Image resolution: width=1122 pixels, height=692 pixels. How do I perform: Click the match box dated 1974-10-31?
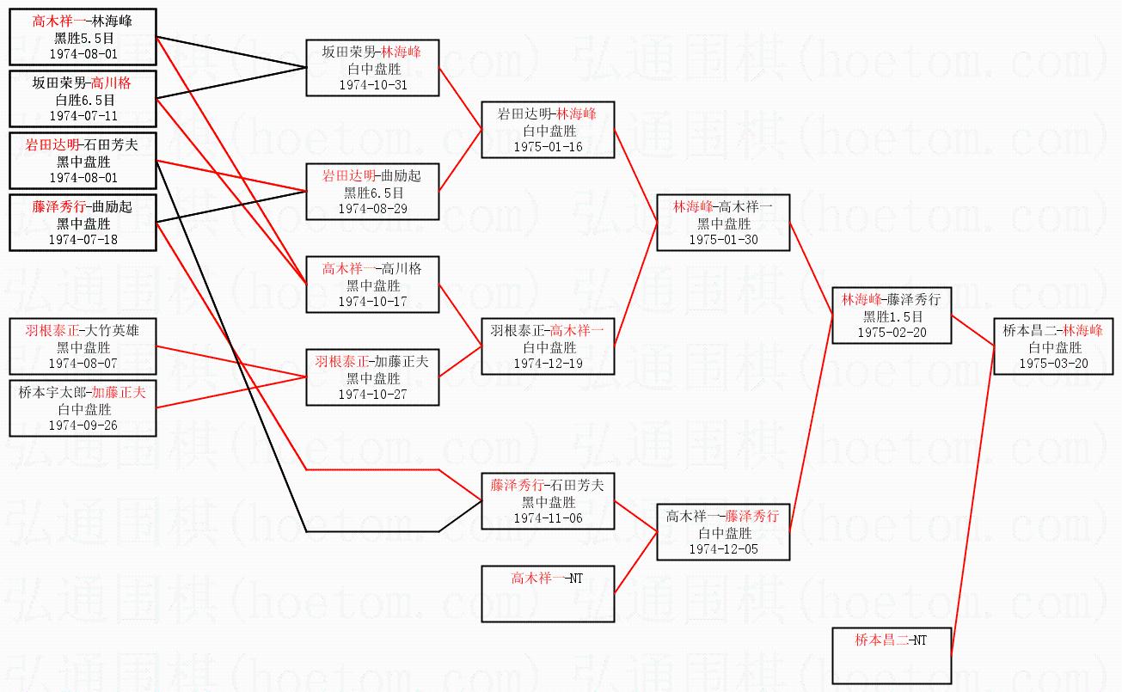[372, 68]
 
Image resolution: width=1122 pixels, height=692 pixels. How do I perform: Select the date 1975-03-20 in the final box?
[1053, 363]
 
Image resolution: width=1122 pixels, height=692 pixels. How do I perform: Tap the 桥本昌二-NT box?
[891, 654]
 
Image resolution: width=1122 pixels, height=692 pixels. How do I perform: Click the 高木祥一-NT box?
[548, 593]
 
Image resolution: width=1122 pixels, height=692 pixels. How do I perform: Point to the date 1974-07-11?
[83, 115]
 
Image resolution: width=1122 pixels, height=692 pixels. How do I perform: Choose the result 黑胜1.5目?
[891, 316]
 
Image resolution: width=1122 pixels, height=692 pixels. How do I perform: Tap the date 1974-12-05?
[723, 548]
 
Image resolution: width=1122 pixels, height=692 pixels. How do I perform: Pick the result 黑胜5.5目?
[83, 38]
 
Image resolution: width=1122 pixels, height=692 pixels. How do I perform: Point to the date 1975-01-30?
[723, 239]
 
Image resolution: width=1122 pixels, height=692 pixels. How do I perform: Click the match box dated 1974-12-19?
[548, 346]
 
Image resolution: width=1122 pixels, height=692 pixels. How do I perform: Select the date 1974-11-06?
[548, 517]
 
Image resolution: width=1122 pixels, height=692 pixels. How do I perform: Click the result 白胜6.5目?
[83, 100]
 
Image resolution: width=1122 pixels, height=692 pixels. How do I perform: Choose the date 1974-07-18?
[83, 239]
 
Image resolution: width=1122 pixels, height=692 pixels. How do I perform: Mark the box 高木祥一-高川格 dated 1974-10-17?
[372, 285]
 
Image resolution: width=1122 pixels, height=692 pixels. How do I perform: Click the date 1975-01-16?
[548, 146]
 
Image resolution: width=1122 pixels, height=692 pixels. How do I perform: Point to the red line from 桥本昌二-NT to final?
[972, 507]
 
